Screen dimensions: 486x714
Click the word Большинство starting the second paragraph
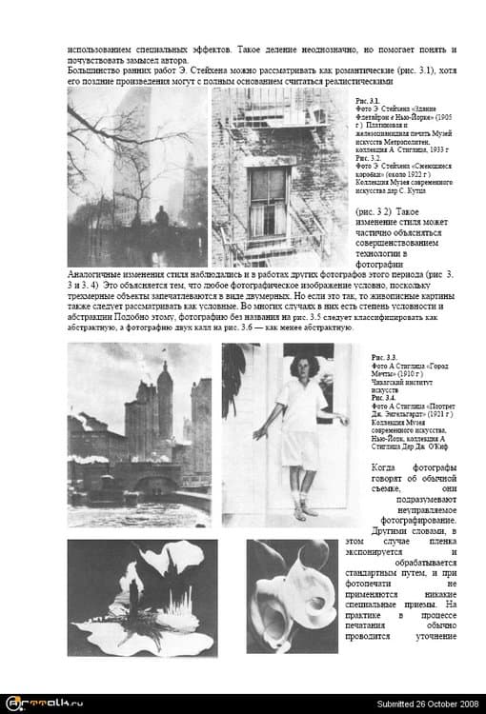tap(97, 70)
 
